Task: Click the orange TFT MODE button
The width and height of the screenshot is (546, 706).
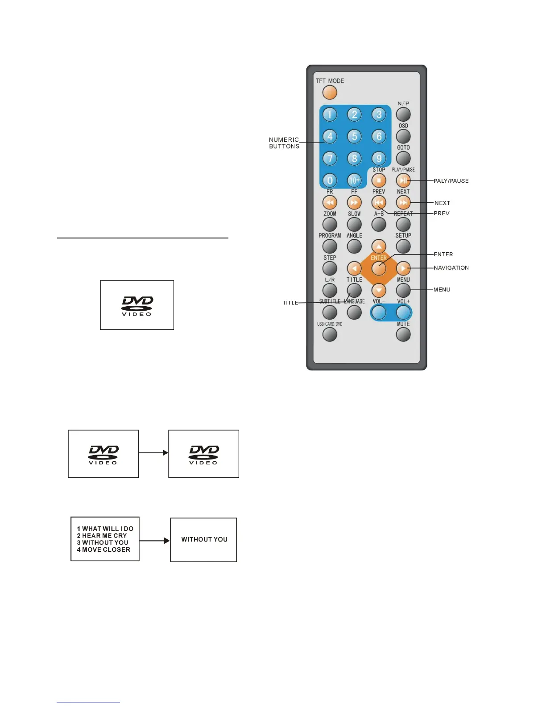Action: coord(330,93)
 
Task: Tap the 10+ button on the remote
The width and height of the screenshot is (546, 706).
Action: coord(354,181)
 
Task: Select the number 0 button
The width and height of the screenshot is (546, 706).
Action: coord(330,181)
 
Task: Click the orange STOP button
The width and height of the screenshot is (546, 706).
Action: coord(379,181)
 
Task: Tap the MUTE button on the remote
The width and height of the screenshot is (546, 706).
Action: coord(403,335)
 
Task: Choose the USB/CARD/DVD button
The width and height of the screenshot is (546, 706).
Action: coord(330,335)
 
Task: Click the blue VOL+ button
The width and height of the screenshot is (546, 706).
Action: coord(403,312)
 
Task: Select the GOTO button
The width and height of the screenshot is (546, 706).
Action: coord(403,158)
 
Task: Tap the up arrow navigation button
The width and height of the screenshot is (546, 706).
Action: coord(379,246)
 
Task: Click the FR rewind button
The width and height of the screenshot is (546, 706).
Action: coord(330,202)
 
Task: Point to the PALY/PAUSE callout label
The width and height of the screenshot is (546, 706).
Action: coord(451,181)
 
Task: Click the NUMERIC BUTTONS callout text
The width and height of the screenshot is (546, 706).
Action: coord(284,143)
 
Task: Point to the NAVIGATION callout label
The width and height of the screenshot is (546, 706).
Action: coord(451,268)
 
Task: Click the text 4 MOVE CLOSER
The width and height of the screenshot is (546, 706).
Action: coord(103,550)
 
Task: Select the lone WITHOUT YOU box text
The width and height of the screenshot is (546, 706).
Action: coord(204,539)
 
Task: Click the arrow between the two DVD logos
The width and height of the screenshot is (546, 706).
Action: coord(153,453)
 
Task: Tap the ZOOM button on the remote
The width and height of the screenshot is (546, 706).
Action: coord(330,224)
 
